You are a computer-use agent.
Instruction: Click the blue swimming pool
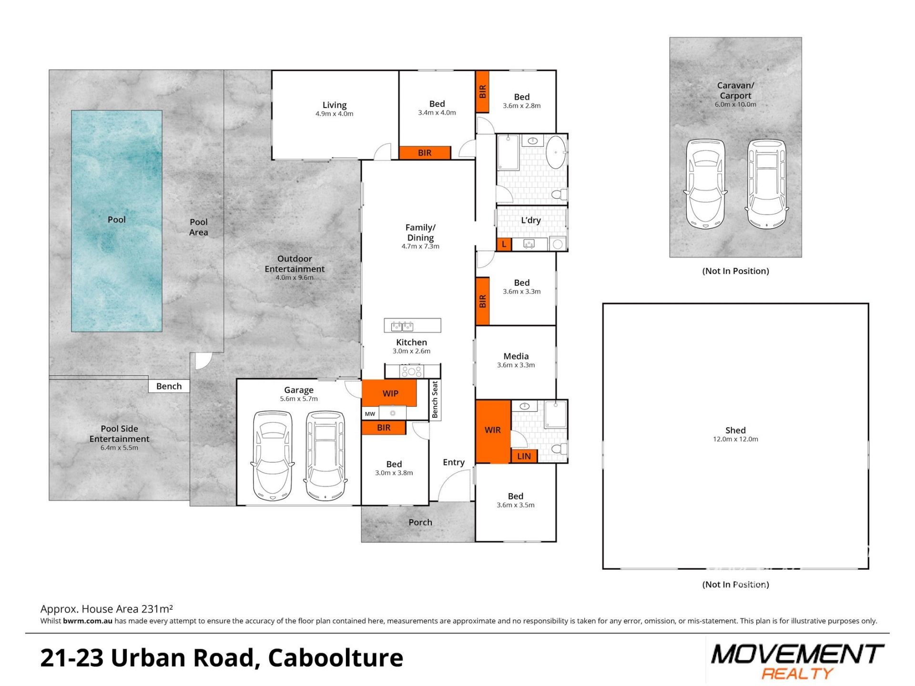click(x=117, y=221)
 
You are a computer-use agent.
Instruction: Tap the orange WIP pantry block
click(x=389, y=393)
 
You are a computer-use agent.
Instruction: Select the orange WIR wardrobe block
click(x=493, y=431)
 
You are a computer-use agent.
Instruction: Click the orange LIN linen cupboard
click(x=524, y=456)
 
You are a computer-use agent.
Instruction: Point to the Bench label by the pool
click(x=169, y=386)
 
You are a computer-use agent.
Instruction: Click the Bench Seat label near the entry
click(x=435, y=400)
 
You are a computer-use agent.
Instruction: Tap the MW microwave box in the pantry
click(x=370, y=414)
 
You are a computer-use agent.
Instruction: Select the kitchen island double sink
click(x=402, y=326)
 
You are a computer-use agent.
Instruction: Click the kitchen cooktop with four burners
click(x=411, y=371)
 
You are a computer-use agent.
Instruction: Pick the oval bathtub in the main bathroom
click(x=555, y=152)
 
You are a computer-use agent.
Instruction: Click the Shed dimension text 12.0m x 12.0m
click(x=735, y=439)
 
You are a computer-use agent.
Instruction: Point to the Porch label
click(x=420, y=522)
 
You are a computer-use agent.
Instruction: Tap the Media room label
click(x=516, y=356)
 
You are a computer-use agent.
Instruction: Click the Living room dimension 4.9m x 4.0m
click(x=335, y=114)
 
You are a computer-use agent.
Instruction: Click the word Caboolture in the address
click(x=335, y=658)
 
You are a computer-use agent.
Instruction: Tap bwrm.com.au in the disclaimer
click(x=88, y=621)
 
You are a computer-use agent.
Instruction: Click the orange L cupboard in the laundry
click(x=504, y=244)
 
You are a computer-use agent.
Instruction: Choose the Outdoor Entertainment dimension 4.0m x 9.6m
click(x=295, y=278)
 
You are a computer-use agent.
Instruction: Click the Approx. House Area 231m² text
click(x=107, y=609)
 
